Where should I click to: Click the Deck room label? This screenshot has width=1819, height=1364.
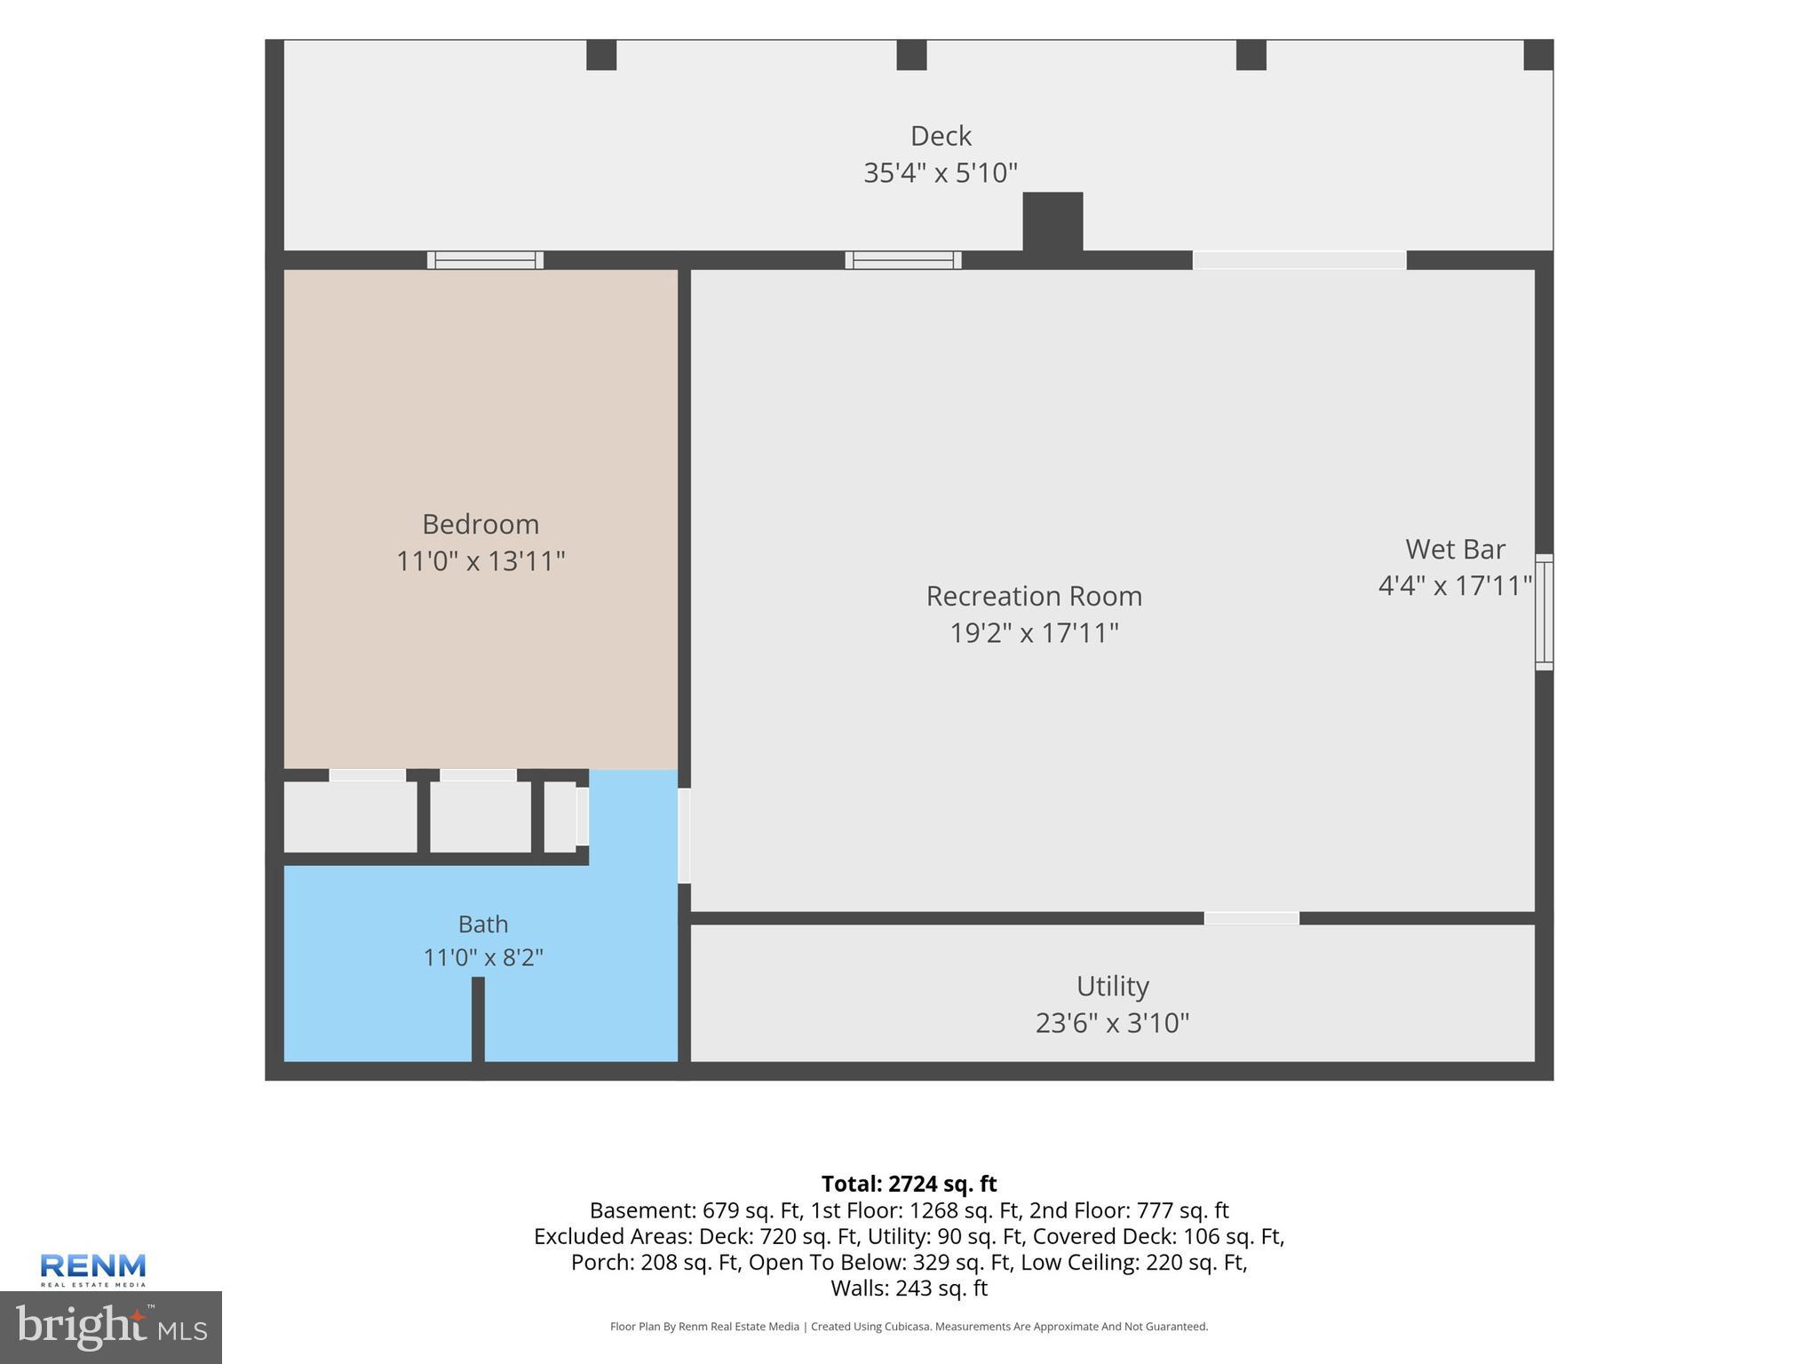click(941, 136)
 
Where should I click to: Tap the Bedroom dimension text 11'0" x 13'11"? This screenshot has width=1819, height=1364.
click(481, 561)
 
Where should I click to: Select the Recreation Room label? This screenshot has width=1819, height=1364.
click(1034, 596)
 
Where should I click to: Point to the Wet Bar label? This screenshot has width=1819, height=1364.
click(1455, 550)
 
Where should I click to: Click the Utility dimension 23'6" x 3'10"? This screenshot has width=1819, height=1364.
click(1112, 1023)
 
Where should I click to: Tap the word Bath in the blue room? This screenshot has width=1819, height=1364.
click(483, 924)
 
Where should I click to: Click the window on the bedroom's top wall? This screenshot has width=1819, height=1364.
click(485, 260)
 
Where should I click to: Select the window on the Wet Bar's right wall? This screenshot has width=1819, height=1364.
click(1545, 612)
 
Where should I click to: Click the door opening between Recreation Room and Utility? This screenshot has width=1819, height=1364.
click(1251, 918)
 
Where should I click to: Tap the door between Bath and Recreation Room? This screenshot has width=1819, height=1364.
click(684, 836)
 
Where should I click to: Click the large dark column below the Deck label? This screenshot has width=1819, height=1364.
click(1052, 222)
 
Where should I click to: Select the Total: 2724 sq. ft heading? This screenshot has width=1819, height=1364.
click(909, 1184)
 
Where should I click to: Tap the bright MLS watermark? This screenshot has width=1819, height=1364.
click(111, 1328)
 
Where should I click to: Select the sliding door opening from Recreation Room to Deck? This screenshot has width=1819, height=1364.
click(1299, 260)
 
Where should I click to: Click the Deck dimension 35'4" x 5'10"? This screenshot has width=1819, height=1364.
click(941, 172)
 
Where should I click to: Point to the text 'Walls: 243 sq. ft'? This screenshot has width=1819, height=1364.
click(909, 1288)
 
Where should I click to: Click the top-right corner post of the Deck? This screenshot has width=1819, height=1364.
click(1538, 55)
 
